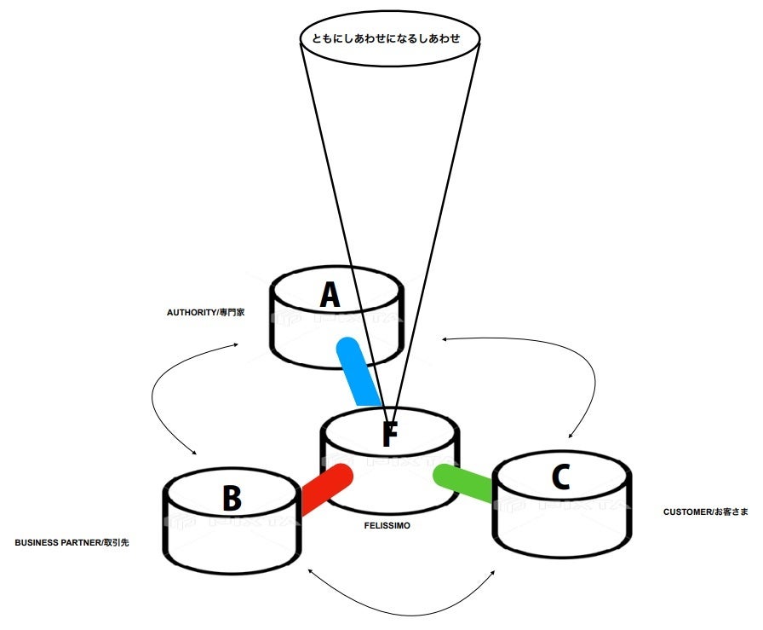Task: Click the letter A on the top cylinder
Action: tap(330, 295)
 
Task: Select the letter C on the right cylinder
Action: tap(559, 477)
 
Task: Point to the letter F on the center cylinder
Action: tap(389, 435)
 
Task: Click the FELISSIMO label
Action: tap(387, 526)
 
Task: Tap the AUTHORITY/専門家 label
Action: tap(206, 312)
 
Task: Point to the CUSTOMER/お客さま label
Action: tap(706, 512)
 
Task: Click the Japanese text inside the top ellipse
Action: tap(391, 39)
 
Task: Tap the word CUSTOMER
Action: tap(687, 512)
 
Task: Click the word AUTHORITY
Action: tap(191, 312)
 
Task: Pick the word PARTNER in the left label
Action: tap(79, 542)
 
